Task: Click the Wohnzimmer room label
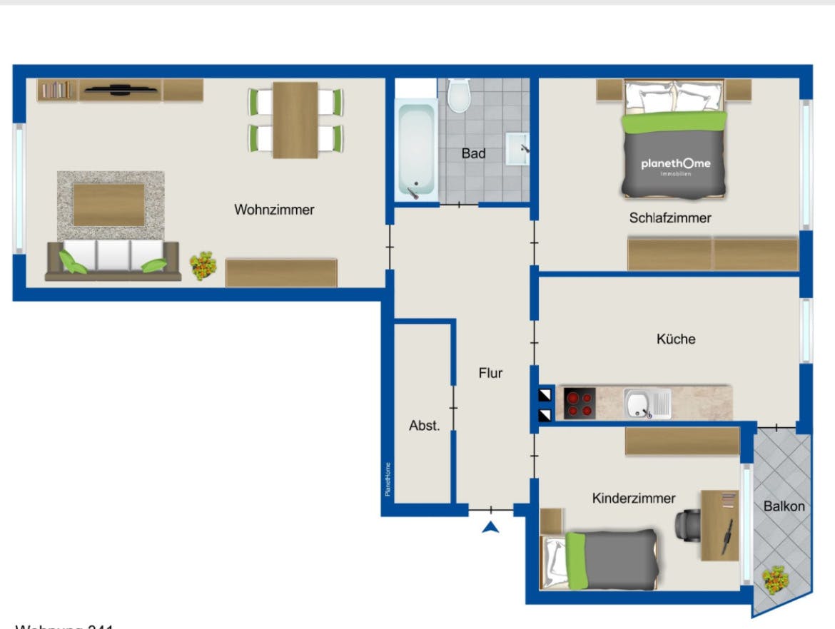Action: click(x=274, y=210)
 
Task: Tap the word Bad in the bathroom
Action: click(x=473, y=153)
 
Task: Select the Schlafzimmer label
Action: click(x=670, y=218)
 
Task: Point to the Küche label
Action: click(x=676, y=339)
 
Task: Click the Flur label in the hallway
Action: click(x=490, y=372)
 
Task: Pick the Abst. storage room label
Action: click(x=424, y=426)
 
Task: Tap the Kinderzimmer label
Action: click(x=634, y=498)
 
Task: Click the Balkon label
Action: click(x=784, y=506)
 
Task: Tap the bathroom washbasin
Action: click(x=519, y=148)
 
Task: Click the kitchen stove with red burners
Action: click(x=580, y=403)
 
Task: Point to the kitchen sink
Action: click(x=647, y=404)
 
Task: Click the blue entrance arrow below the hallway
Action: click(x=490, y=528)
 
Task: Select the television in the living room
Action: click(x=119, y=90)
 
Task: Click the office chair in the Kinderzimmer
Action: click(x=688, y=524)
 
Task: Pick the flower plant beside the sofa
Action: click(x=203, y=266)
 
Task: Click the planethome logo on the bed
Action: click(x=675, y=165)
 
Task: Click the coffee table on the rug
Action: click(x=109, y=205)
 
